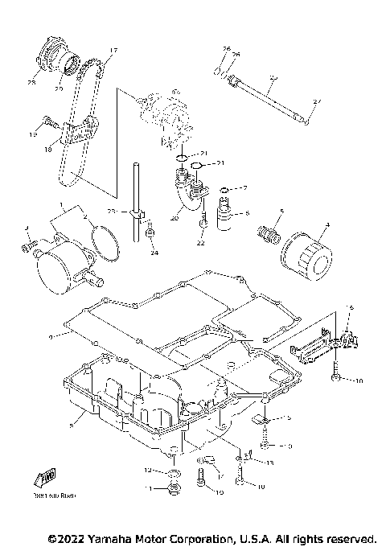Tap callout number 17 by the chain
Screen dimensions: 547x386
pos(112,51)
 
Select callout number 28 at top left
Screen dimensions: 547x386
pos(33,83)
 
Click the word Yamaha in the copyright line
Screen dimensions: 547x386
pos(102,537)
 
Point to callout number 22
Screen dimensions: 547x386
pos(201,242)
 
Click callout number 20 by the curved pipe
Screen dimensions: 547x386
pos(175,217)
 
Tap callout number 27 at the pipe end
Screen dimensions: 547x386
pos(316,101)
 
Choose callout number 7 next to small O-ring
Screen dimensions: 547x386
pos(244,187)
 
